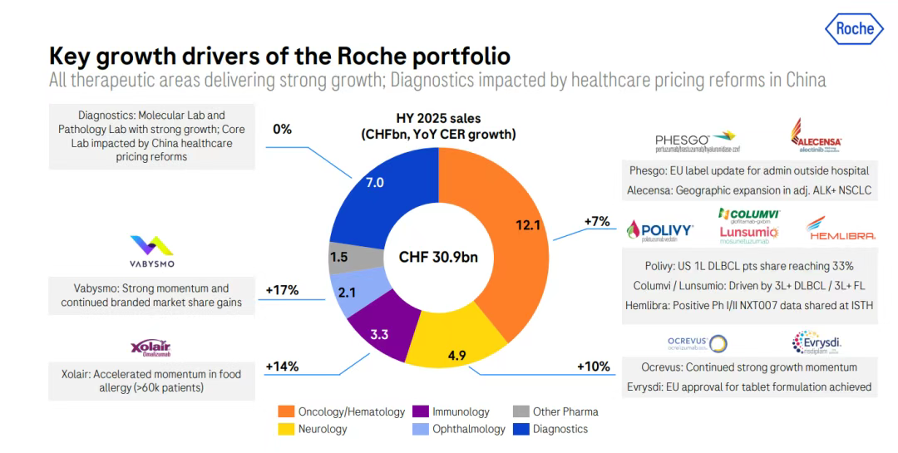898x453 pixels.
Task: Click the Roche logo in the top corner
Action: pyautogui.click(x=855, y=29)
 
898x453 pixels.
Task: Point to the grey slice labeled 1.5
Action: pyautogui.click(x=341, y=257)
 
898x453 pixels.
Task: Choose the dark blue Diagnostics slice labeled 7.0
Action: pyautogui.click(x=375, y=182)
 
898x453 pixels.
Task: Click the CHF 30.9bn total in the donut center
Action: pyautogui.click(x=438, y=257)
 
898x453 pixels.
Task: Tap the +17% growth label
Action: pyautogui.click(x=282, y=290)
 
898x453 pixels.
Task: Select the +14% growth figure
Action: pyautogui.click(x=282, y=366)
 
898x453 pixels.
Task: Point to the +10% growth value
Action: pyautogui.click(x=593, y=366)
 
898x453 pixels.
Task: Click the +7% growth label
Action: pyautogui.click(x=597, y=221)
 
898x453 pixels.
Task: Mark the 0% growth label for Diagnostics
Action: pyautogui.click(x=282, y=129)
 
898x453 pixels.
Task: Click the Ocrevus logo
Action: pyautogui.click(x=697, y=343)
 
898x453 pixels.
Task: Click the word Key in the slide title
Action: pyautogui.click(x=72, y=56)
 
